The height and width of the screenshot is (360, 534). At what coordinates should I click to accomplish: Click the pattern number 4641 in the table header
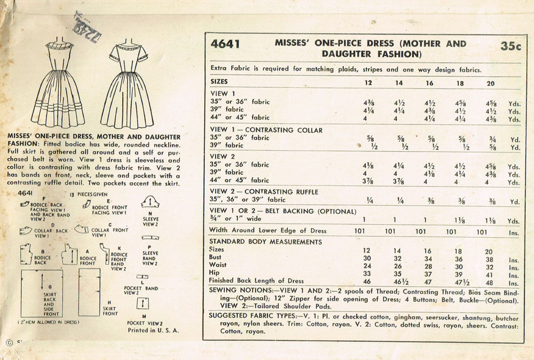click(x=224, y=44)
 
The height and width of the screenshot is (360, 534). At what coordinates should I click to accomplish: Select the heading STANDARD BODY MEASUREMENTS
click(x=265, y=241)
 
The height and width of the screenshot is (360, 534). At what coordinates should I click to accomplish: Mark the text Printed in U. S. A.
click(x=153, y=330)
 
